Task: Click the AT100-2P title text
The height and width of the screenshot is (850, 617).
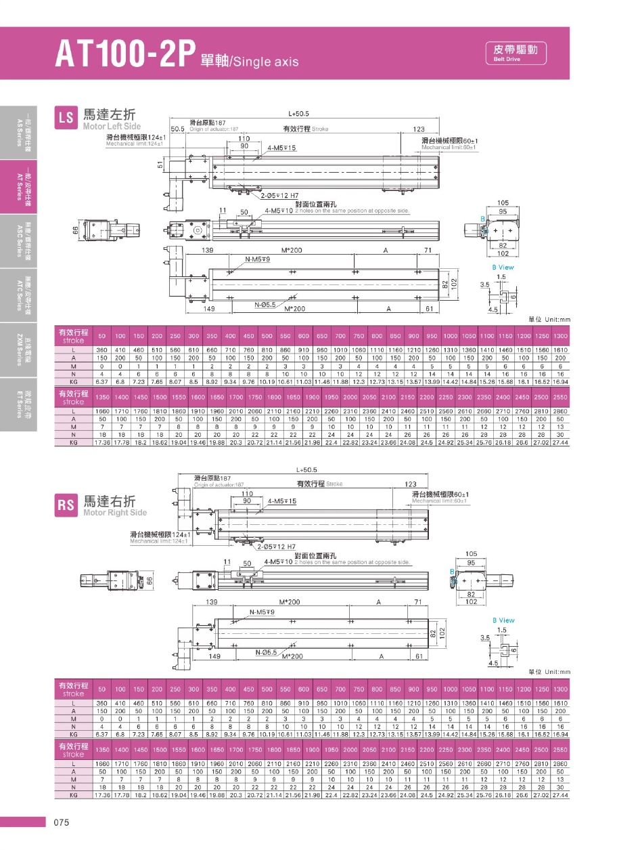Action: click(x=126, y=54)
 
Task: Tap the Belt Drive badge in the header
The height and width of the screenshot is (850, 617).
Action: click(x=516, y=52)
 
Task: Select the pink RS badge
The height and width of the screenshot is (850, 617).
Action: click(x=66, y=505)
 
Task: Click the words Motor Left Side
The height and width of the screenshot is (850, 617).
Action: click(x=112, y=126)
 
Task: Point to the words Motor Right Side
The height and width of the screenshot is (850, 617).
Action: click(x=114, y=513)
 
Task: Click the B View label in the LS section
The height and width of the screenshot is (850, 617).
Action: click(x=503, y=267)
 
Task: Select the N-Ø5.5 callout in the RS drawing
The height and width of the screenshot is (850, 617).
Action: click(x=267, y=652)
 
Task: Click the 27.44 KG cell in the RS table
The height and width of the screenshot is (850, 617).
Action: click(x=559, y=794)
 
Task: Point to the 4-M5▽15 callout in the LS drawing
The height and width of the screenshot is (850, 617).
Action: click(x=281, y=147)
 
